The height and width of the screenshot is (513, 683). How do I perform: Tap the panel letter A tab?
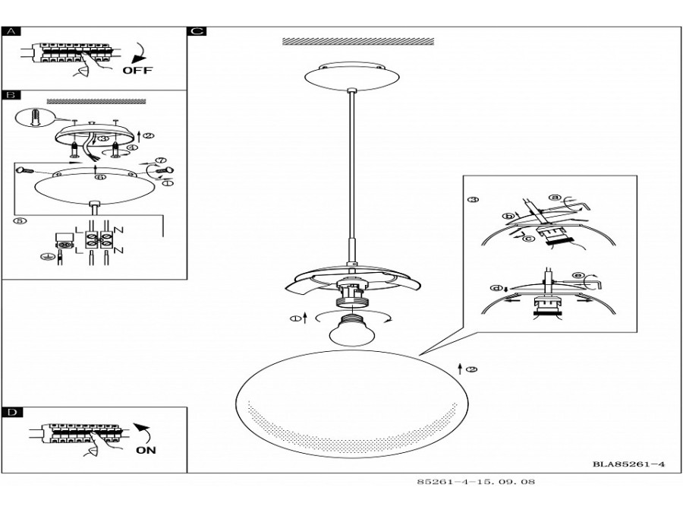pos(11,32)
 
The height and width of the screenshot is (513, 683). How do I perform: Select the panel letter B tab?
pos(11,96)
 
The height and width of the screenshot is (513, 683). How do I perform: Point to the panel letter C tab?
pos(197,32)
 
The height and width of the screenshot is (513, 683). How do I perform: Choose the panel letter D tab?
pos(11,413)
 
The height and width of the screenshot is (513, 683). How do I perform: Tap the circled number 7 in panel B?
pos(161,161)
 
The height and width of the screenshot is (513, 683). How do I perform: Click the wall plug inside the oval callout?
pos(36,118)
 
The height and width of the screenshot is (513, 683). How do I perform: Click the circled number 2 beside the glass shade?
pos(471,369)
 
